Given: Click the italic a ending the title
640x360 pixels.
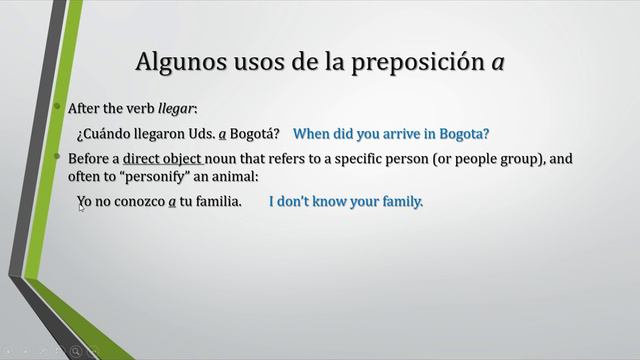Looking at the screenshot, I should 496,63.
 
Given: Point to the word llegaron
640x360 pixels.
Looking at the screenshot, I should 163,133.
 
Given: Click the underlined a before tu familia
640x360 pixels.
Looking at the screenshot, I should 172,202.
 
